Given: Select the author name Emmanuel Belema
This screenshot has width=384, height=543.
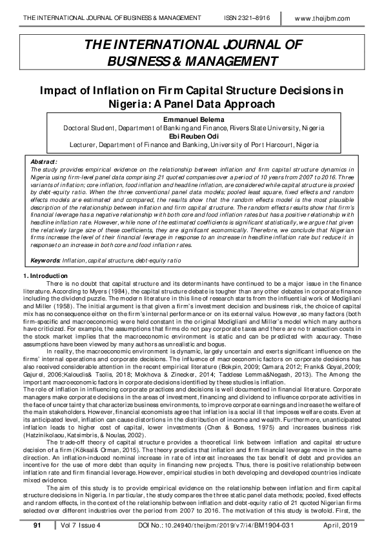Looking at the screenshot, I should pos(192,120).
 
